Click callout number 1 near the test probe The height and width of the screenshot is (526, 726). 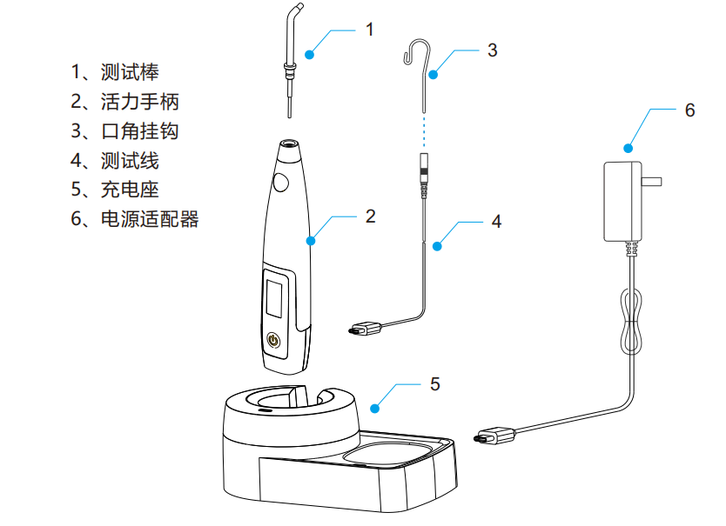pyautogui.click(x=369, y=29)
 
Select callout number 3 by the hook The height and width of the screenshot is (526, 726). pyautogui.click(x=492, y=50)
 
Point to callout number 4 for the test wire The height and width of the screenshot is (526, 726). pyautogui.click(x=496, y=221)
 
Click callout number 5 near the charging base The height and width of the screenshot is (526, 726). pyautogui.click(x=435, y=383)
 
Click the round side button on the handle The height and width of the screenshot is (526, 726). pyautogui.click(x=281, y=183)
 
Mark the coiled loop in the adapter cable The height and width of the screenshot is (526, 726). pyautogui.click(x=629, y=321)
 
